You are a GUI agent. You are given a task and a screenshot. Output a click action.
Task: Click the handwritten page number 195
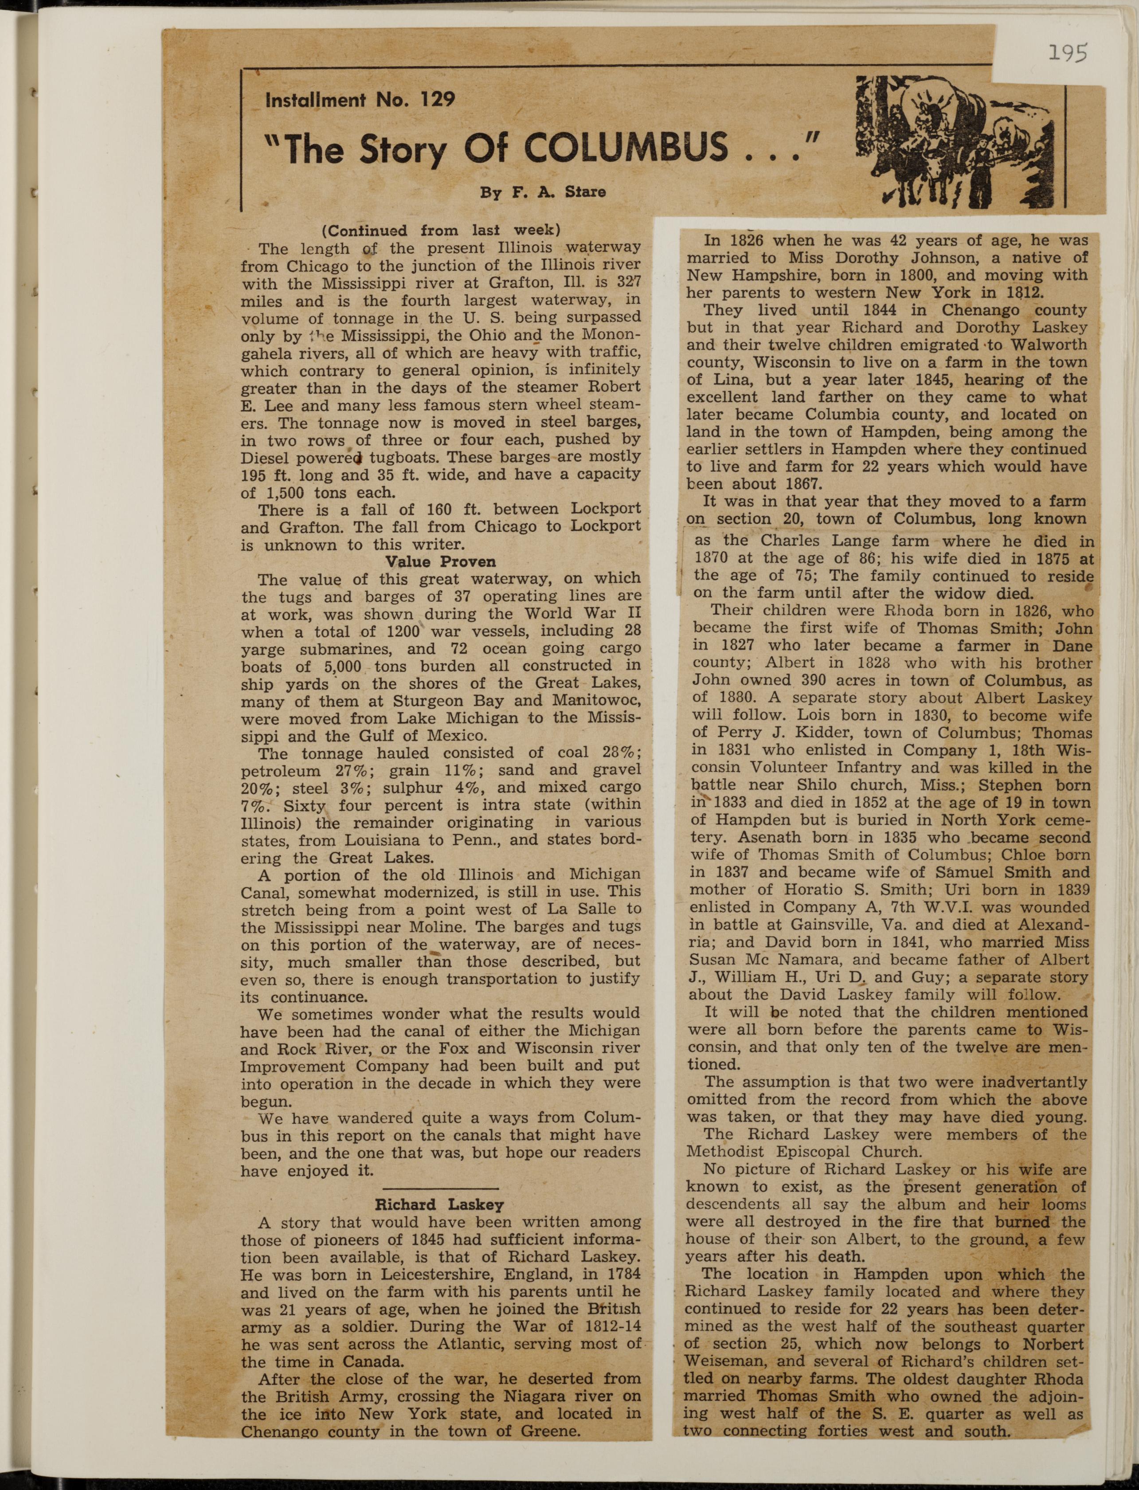[x=1067, y=53]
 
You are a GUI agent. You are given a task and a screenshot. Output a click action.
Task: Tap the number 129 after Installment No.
[x=437, y=100]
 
